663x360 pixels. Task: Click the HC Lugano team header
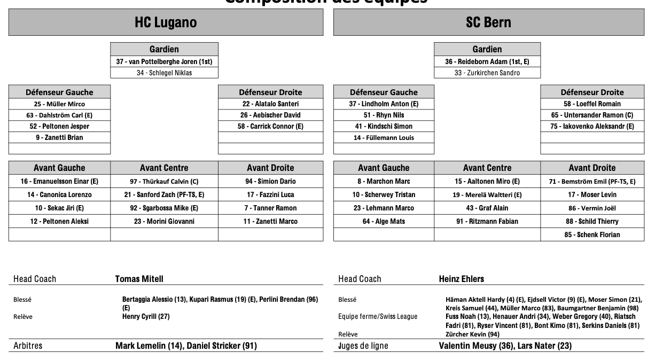[x=166, y=22]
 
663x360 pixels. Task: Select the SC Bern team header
[x=488, y=22]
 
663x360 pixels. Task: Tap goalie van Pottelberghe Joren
[x=164, y=61]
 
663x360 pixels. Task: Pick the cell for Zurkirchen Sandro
[x=487, y=73]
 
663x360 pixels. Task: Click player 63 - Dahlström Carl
[x=59, y=115]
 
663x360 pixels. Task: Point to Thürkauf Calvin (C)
[x=164, y=182]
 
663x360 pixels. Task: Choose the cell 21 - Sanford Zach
[x=164, y=195]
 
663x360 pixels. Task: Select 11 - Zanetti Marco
[x=270, y=221]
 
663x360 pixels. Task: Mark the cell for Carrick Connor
[x=270, y=127]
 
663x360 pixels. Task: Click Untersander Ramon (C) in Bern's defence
[x=592, y=115]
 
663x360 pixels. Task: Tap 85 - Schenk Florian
[x=592, y=234]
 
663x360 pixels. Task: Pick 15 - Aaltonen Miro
[x=487, y=182]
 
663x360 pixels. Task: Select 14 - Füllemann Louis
[x=384, y=137]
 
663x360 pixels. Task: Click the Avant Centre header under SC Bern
[x=487, y=168]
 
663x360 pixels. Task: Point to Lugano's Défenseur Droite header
[x=270, y=92]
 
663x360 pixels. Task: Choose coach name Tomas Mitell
[x=139, y=279]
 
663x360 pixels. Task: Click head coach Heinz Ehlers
[x=462, y=279]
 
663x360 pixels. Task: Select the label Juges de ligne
[x=363, y=346]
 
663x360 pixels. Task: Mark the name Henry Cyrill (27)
[x=146, y=316]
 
